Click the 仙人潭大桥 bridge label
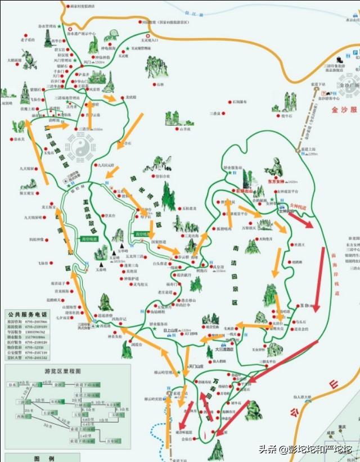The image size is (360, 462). tap(310, 397)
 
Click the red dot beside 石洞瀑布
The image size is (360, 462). tap(226, 102)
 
